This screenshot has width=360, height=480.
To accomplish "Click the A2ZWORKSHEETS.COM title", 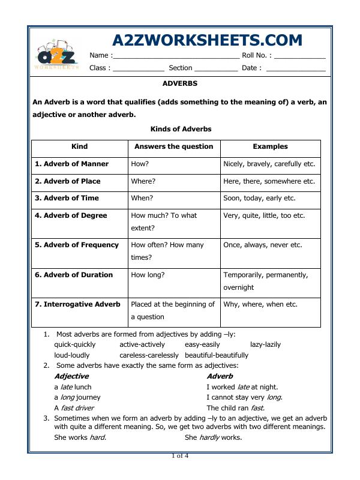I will coord(207,40).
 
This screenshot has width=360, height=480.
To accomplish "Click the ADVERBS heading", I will coord(179,84).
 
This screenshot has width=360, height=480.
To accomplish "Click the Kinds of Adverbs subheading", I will coord(180,129).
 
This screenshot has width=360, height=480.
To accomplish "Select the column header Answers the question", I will coord(173,146).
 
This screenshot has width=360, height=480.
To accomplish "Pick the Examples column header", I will coord(270,146).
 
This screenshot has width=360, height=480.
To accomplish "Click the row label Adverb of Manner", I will coord(71,164).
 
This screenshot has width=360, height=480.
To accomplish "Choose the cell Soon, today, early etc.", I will coord(259,198).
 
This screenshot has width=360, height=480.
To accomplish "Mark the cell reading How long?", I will coord(148,275).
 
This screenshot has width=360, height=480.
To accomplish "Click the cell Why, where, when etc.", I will coord(260,304).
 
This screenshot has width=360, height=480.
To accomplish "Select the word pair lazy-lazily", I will coord(265,344).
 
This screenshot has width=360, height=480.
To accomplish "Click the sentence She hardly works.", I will coord(213,437).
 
